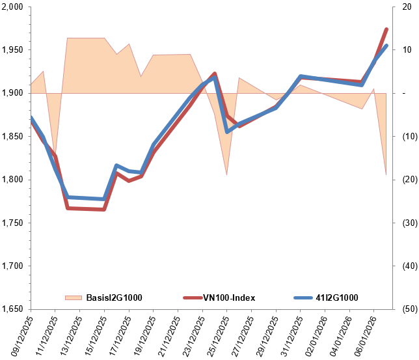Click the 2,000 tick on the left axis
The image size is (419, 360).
tap(13, 7)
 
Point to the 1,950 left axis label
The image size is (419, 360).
tap(13, 50)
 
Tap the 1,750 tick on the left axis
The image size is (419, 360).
tap(13, 223)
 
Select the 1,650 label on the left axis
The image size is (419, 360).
tap(13, 309)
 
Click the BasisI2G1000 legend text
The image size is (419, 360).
tap(114, 298)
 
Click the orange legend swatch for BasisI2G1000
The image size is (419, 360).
tap(74, 298)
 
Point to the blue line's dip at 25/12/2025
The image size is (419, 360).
tap(227, 132)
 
